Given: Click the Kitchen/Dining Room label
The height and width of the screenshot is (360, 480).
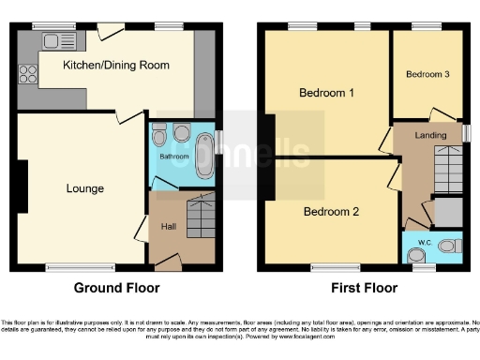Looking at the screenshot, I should tap(116, 65).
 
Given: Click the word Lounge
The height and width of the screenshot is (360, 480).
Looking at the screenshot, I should tap(84, 188).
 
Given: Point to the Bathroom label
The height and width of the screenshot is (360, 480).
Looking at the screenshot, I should tap(172, 157).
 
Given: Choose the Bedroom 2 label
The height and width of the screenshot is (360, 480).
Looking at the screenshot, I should tap(331, 212).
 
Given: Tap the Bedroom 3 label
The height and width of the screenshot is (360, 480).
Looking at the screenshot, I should tap(427, 73).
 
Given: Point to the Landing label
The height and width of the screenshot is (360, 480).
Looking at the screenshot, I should tap(430, 136).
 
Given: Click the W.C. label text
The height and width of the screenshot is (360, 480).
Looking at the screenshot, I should tap(417, 247).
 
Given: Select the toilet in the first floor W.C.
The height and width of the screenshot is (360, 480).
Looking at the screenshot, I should tap(448, 247).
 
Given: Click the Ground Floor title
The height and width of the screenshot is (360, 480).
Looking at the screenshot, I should tap(117, 288).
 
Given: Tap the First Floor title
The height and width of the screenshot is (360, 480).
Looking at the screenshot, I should tap(363, 288).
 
